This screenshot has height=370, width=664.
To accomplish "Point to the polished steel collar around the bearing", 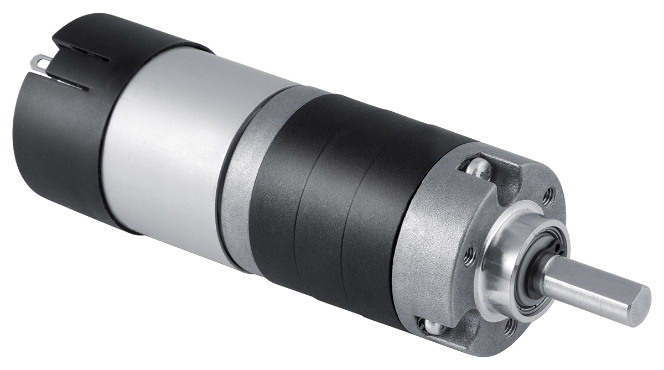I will coord(501,260).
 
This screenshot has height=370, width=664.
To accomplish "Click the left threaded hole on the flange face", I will coord(470,256).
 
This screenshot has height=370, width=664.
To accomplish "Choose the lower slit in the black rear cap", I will coord(69,84).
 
